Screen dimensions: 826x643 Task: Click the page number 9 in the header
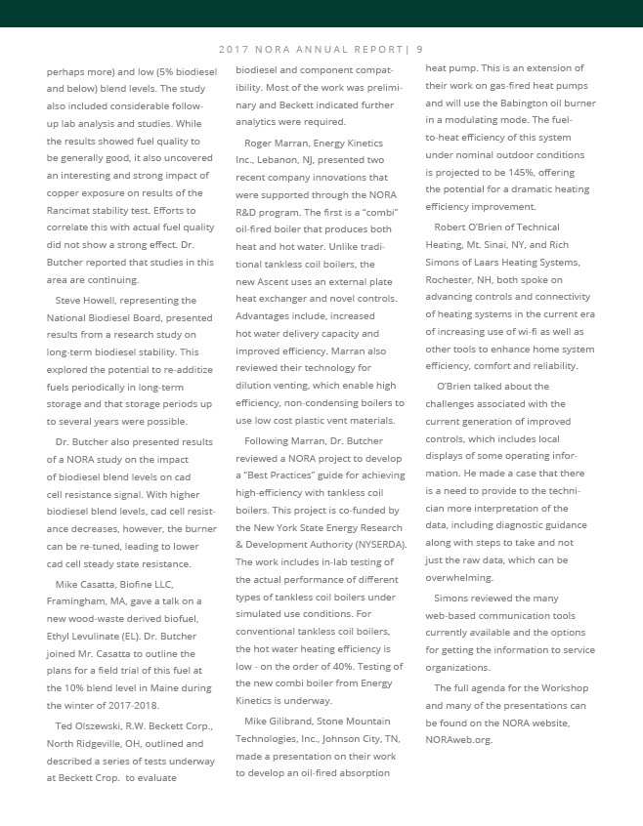[x=419, y=49]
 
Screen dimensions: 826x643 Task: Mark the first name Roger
[x=259, y=142]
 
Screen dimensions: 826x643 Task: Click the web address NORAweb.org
[x=459, y=739]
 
